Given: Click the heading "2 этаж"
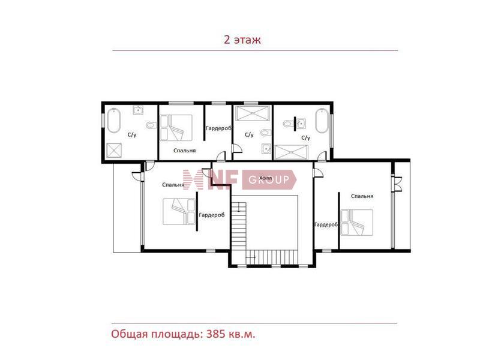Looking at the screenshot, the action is tap(242, 40).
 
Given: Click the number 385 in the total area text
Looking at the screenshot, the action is tap(216, 334).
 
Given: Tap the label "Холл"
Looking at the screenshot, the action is tap(265, 178).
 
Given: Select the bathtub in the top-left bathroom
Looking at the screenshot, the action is tap(113, 121).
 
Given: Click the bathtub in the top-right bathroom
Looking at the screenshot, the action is tap(322, 121).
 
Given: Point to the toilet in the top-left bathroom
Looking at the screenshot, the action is tap(151, 125).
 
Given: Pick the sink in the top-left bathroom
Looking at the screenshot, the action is tap(139, 110).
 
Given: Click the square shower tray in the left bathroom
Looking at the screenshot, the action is tap(114, 151).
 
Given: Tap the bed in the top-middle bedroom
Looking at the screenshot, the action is tap(176, 128).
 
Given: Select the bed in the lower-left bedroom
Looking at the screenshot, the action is tap(179, 212).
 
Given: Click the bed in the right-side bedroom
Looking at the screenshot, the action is tap(357, 222).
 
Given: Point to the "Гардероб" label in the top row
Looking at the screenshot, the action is tap(218, 128).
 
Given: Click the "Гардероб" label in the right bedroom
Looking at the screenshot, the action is tap(326, 225).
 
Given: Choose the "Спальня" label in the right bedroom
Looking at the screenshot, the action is tap(362, 196).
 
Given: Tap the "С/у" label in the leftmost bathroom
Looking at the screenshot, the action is tap(132, 134).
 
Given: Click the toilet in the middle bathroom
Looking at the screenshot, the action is tap(266, 133).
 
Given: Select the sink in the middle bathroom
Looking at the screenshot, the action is tap(266, 148).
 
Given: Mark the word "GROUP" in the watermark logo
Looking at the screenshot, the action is tap(269, 179).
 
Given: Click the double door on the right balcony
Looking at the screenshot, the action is tap(397, 184).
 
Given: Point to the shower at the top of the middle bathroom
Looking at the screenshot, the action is tap(253, 112).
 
